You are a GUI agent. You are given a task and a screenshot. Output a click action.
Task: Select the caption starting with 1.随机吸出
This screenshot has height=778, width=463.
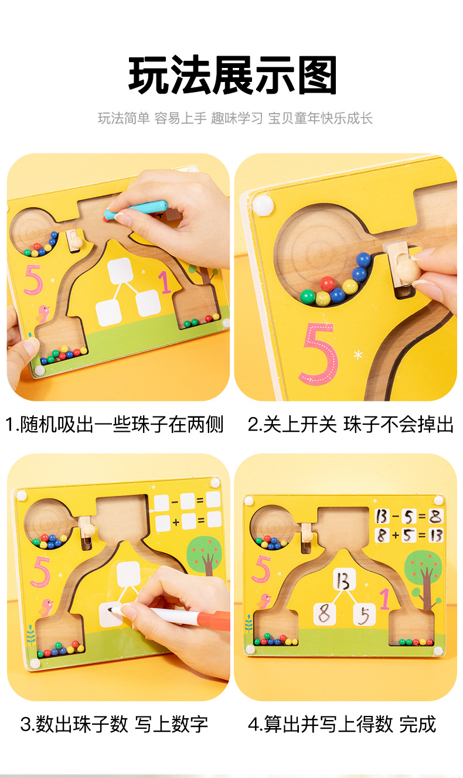tap(115, 424)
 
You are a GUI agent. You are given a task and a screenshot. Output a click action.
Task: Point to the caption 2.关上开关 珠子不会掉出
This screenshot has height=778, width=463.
tap(350, 424)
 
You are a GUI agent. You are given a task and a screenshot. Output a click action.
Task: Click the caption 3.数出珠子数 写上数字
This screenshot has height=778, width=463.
tap(115, 724)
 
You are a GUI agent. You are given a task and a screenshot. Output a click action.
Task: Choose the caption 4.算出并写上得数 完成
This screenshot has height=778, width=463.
tap(342, 724)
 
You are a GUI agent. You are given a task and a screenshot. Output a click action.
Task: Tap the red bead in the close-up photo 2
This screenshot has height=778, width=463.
tap(328, 284)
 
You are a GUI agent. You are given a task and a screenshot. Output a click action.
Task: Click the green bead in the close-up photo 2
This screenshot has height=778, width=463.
tap(308, 296)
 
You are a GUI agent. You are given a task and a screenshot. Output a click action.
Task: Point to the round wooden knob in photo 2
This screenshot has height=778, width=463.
tap(408, 270)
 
